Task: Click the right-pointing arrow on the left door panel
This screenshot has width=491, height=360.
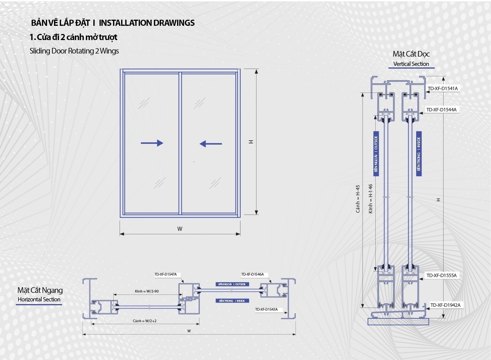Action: pyautogui.click(x=152, y=143)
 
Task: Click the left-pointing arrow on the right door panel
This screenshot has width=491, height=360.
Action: pyautogui.click(x=211, y=144)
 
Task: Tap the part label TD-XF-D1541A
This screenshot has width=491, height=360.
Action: pyautogui.click(x=443, y=88)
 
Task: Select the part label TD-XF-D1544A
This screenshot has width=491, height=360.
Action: pyautogui.click(x=441, y=109)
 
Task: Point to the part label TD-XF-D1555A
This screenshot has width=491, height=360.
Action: pyautogui.click(x=441, y=275)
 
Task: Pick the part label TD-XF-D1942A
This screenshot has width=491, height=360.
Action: pyautogui.click(x=445, y=305)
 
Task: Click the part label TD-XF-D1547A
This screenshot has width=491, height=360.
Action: pyautogui.click(x=165, y=274)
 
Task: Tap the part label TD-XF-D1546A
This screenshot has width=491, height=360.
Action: pyautogui.click(x=252, y=274)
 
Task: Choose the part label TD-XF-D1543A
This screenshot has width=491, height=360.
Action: pyautogui.click(x=266, y=309)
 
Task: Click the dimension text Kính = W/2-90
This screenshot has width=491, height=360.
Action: pyautogui.click(x=147, y=291)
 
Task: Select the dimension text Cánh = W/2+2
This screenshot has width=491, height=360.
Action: pyautogui.click(x=145, y=321)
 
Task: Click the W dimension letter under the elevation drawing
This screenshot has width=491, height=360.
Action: pyautogui.click(x=180, y=229)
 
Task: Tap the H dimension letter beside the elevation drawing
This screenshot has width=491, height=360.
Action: pyautogui.click(x=251, y=142)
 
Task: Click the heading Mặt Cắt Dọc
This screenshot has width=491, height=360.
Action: pyautogui.click(x=411, y=54)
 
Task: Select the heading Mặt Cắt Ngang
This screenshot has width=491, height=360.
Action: pyautogui.click(x=40, y=290)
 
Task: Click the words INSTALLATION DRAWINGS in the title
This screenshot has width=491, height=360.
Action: pyautogui.click(x=147, y=23)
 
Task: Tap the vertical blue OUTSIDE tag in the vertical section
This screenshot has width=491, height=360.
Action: pyautogui.click(x=376, y=154)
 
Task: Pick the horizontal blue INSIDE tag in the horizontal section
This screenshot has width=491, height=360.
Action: pyautogui.click(x=232, y=301)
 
